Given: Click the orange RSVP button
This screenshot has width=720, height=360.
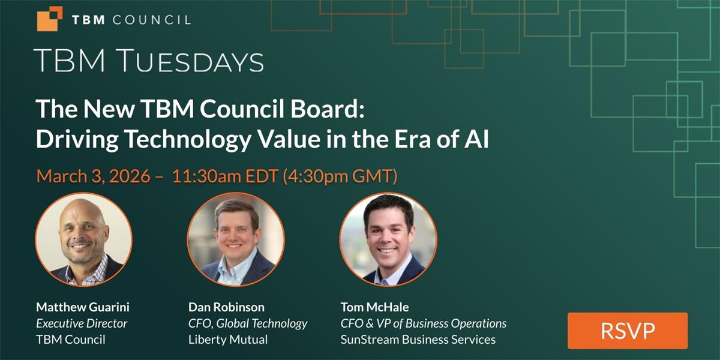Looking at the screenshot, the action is [628, 331].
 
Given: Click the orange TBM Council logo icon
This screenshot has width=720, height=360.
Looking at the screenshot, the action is [50, 19].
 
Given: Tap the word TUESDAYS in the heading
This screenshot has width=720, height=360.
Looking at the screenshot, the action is [191, 61].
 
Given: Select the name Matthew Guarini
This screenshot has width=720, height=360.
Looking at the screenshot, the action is [83, 307].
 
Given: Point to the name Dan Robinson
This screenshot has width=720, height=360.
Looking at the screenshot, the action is [226, 307].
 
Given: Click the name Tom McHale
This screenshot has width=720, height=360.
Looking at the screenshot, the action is [375, 307].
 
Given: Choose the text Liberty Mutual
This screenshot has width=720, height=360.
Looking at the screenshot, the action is [228, 340].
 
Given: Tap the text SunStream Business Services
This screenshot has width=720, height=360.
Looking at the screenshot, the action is [418, 340].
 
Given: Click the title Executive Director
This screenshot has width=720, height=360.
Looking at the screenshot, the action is [82, 323].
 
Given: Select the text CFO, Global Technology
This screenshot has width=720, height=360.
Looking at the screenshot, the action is [248, 323].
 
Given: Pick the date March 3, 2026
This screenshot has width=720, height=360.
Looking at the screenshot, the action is [93, 176].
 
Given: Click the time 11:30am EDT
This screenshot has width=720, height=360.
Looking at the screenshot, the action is [225, 176].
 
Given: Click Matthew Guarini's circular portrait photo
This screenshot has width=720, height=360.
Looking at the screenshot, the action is [83, 239].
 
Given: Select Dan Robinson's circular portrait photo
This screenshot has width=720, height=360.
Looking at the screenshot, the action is [236, 239].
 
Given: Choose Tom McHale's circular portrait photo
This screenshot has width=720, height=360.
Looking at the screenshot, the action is [388, 239].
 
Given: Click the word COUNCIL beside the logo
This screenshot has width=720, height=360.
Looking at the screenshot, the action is [152, 20].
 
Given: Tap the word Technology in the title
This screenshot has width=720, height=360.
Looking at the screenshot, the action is [188, 139].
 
